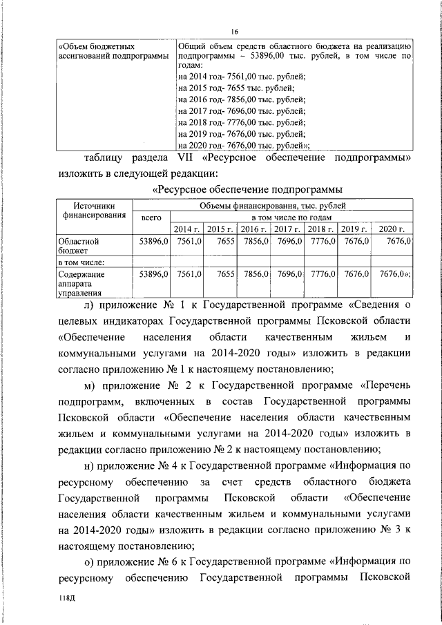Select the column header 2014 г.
[x=186, y=229]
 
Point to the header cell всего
[x=151, y=217]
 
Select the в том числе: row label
[x=81, y=262]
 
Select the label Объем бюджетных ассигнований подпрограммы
[x=111, y=50]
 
